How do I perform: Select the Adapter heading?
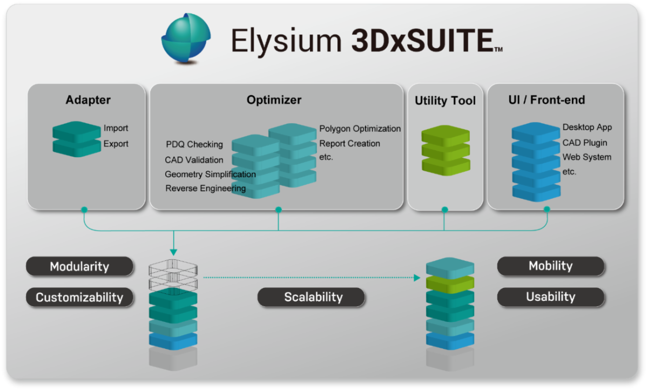click(x=88, y=100)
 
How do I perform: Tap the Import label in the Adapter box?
click(x=116, y=129)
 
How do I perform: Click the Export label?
click(x=116, y=144)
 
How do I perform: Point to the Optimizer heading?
click(x=274, y=100)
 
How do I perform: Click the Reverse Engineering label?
click(x=205, y=189)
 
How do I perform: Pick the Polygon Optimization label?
click(x=360, y=129)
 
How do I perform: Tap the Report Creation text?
click(x=349, y=144)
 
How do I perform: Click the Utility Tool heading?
click(x=445, y=101)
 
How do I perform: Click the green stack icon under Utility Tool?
click(x=445, y=151)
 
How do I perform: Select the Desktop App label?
click(x=587, y=127)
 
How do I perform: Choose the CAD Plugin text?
click(x=585, y=143)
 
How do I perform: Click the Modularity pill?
click(x=79, y=266)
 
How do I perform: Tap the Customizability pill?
click(x=79, y=297)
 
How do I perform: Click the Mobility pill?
click(x=550, y=266)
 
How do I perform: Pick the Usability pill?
click(x=550, y=297)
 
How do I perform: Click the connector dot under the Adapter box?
click(x=84, y=209)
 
